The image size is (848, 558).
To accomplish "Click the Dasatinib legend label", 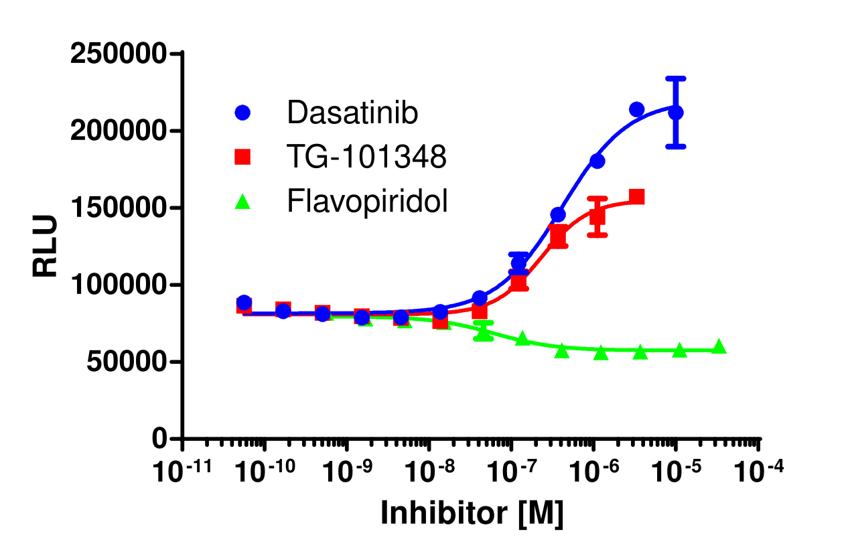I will point(352,113).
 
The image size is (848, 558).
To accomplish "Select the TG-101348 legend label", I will point(366,157).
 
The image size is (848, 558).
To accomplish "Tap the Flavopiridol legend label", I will point(367,200).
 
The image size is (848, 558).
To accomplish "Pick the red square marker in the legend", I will point(242,157).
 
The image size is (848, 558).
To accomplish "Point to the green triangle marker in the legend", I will point(242,201).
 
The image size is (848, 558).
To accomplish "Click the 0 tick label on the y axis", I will point(158,439).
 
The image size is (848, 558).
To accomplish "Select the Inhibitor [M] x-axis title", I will point(472,513).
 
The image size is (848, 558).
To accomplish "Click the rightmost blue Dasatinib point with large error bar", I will point(676,113).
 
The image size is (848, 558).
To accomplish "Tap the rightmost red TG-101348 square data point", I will point(637,197).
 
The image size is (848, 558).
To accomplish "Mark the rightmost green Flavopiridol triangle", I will point(719,346).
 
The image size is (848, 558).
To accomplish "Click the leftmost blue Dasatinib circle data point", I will point(244,303).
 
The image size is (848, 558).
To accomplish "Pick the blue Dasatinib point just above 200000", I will point(637,110).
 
